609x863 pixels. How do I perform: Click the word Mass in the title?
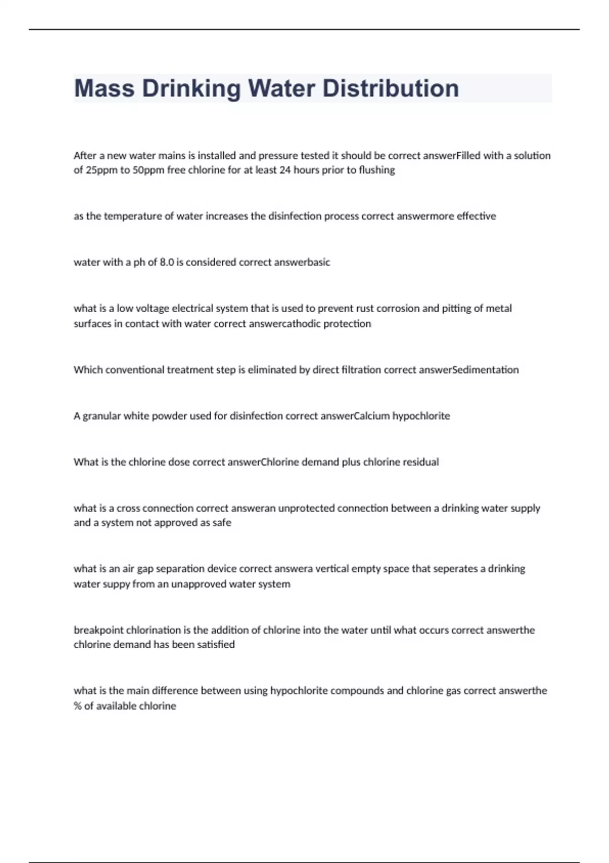[x=104, y=88]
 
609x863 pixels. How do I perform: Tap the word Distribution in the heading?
[x=391, y=88]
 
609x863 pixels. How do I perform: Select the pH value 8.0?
[x=167, y=262]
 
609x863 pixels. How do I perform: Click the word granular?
[x=101, y=416]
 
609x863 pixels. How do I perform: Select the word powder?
[x=170, y=416]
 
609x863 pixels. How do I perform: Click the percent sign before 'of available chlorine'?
[x=78, y=706]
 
